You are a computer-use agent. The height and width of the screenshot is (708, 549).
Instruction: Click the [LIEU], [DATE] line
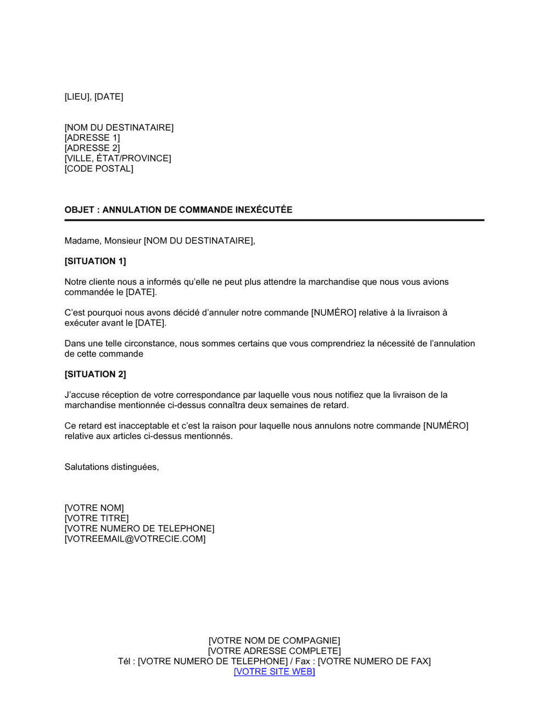[94, 97]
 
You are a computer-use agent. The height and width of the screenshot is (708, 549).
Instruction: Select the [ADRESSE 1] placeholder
[92, 138]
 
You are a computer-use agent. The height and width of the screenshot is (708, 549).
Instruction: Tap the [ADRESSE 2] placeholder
[92, 148]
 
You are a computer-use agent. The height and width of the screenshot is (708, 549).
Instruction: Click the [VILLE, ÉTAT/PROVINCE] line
[118, 159]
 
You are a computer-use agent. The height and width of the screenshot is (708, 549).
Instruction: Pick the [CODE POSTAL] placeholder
[99, 169]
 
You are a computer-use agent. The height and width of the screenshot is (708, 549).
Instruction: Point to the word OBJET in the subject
[80, 210]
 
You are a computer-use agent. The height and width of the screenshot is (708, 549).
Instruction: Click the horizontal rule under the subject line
[274, 220]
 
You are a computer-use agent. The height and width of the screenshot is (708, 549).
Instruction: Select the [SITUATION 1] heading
[95, 261]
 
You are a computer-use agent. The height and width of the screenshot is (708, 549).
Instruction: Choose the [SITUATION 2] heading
[95, 374]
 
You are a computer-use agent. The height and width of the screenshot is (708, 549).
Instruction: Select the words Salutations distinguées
[111, 467]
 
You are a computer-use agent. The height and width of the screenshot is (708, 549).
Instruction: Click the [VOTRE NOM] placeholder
[94, 508]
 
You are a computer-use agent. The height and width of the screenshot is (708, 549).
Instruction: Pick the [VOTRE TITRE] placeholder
[97, 519]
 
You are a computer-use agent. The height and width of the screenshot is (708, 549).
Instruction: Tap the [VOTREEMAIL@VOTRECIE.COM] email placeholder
[135, 539]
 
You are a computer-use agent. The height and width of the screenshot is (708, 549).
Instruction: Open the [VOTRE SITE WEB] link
[274, 672]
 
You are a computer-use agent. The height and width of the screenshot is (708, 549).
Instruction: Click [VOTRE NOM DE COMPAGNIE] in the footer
[274, 641]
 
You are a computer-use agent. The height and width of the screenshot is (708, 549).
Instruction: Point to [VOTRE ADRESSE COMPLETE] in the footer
[274, 651]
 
